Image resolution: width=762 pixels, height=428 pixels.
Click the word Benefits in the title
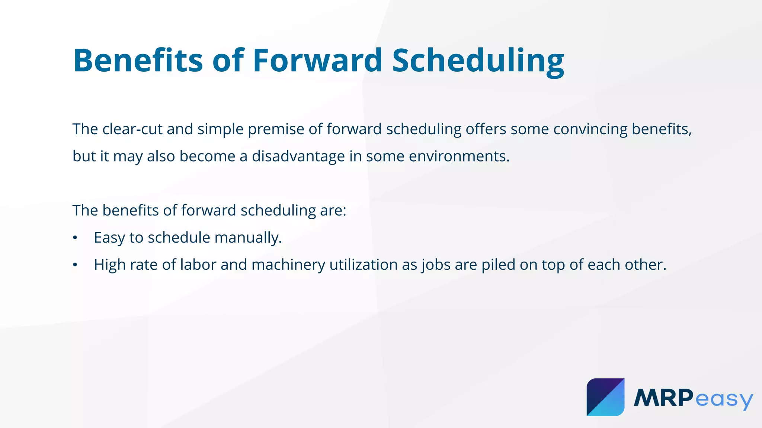[138, 60]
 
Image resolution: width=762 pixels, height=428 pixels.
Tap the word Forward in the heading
[317, 60]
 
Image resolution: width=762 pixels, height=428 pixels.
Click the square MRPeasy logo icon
[605, 397]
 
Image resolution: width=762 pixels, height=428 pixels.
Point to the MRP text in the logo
[663, 398]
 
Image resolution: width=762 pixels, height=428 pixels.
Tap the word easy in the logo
[724, 399]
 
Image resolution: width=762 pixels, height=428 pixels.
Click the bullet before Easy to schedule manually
[75, 238]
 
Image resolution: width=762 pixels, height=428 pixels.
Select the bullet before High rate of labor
[75, 265]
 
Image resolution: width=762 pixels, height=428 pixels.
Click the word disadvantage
[298, 156]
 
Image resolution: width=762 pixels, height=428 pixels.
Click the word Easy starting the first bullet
[109, 238]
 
